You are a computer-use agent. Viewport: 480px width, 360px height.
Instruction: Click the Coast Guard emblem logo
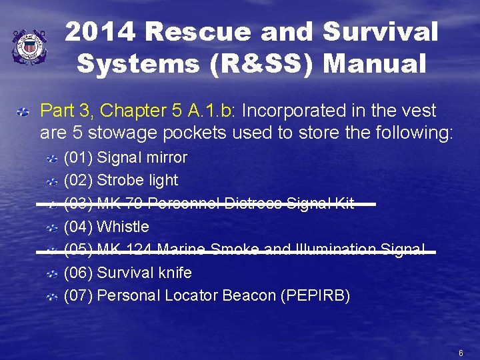pyautogui.click(x=29, y=47)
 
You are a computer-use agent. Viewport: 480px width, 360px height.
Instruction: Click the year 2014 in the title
pyautogui.click(x=101, y=31)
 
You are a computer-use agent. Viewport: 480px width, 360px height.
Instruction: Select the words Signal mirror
pyautogui.click(x=142, y=158)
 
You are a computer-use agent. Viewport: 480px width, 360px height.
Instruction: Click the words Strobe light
pyautogui.click(x=137, y=181)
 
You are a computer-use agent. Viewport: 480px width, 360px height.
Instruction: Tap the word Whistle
pyautogui.click(x=123, y=227)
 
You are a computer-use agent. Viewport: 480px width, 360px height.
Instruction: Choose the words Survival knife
pyautogui.click(x=144, y=273)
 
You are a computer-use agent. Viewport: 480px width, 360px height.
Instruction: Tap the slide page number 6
pyautogui.click(x=461, y=352)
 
